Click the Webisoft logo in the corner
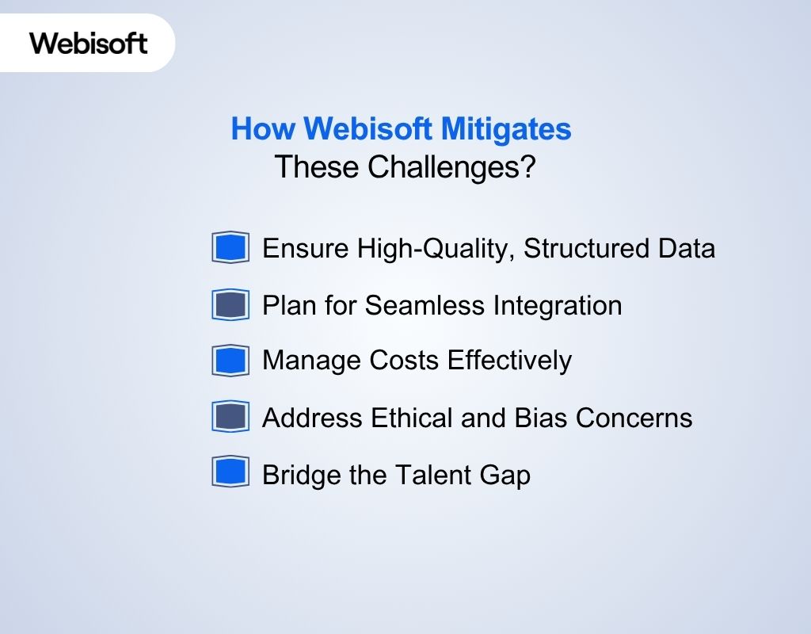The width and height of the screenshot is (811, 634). coord(89,43)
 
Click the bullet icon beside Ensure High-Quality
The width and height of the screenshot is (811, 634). coord(230,247)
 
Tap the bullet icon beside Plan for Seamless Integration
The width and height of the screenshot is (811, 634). coord(230,305)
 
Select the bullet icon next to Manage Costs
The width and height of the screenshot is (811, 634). coord(230,361)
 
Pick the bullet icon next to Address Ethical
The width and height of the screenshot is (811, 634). coord(230,417)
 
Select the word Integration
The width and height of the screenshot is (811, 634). coord(558,306)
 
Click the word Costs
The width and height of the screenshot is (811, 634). coord(404,361)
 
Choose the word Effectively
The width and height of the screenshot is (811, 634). coord(508,361)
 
